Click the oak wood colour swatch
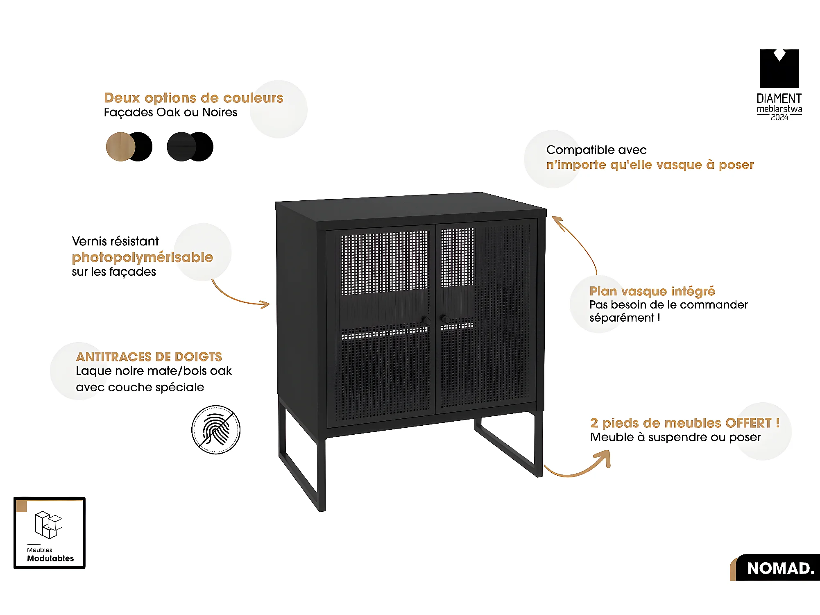pyautogui.click(x=119, y=147)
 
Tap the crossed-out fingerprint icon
pyautogui.click(x=216, y=430)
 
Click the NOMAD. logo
pyautogui.click(x=780, y=568)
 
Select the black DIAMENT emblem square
pyautogui.click(x=779, y=69)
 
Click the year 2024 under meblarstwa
pyautogui.click(x=779, y=118)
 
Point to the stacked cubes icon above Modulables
pyautogui.click(x=48, y=524)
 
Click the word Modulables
pyautogui.click(x=50, y=558)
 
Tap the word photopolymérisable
pyautogui.click(x=142, y=257)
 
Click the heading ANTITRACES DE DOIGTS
pyautogui.click(x=149, y=357)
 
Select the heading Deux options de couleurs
pyautogui.click(x=193, y=98)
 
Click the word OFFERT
pyautogui.click(x=748, y=423)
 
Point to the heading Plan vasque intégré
pyautogui.click(x=652, y=291)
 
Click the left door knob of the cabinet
pyautogui.click(x=426, y=320)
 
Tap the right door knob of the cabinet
pyautogui.click(x=444, y=318)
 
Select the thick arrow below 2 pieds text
pyautogui.click(x=582, y=467)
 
